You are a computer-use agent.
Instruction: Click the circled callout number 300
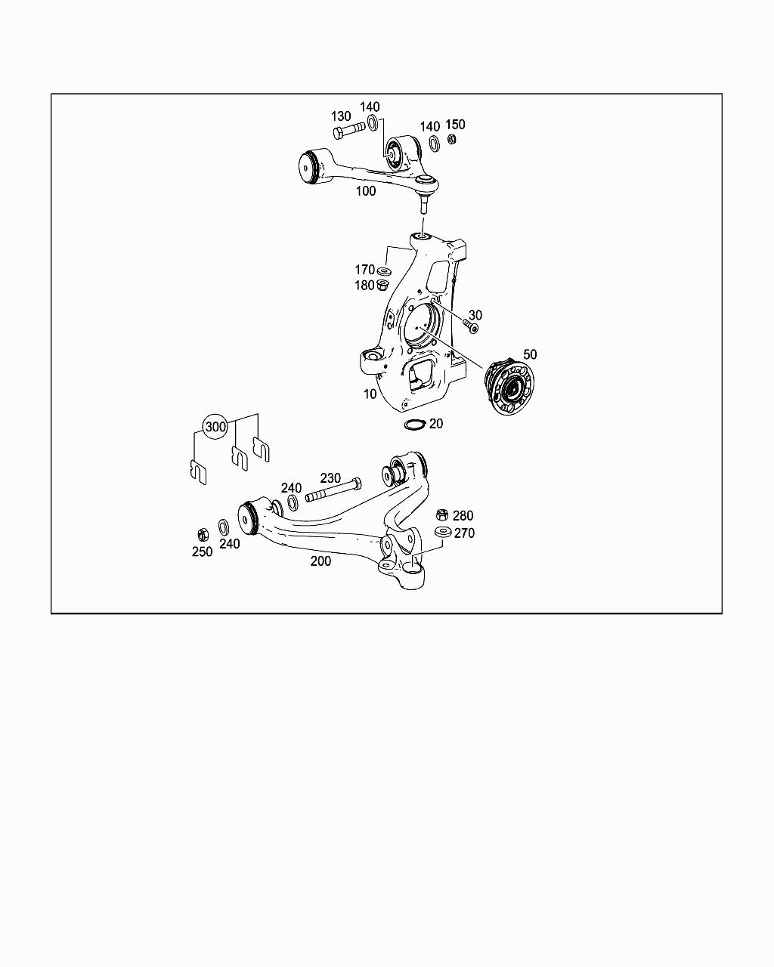216,427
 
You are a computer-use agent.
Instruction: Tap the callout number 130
341,116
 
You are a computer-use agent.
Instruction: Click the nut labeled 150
452,139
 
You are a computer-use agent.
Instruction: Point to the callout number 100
366,191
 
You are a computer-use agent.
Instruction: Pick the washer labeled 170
385,270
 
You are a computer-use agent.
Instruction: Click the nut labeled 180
382,286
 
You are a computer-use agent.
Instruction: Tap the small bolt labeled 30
471,326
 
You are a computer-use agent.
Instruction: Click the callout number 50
530,354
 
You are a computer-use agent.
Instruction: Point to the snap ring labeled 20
414,424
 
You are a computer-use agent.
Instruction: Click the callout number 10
370,394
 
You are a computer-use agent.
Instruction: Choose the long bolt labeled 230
333,490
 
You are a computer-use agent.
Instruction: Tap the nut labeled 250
203,534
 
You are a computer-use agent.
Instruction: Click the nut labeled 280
442,515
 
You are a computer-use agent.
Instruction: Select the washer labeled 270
442,533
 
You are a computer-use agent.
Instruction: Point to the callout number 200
320,561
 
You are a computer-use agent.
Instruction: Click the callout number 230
330,478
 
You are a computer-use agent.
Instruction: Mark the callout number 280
463,516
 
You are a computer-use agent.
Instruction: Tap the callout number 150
455,125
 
